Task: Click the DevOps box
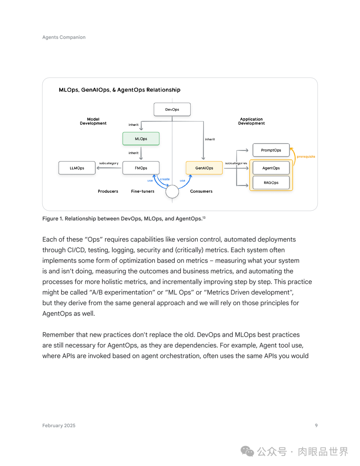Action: click(172, 109)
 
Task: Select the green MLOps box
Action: click(141, 139)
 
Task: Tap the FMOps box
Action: click(141, 168)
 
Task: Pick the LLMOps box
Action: click(77, 168)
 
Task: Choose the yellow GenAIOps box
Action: click(204, 168)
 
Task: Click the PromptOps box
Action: click(271, 150)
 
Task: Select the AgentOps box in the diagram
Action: click(271, 168)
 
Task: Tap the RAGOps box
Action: click(271, 183)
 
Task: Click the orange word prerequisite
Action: click(306, 157)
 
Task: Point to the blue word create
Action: click(165, 179)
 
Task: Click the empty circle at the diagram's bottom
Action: click(172, 192)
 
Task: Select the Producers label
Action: click(108, 191)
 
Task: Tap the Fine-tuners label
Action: click(143, 191)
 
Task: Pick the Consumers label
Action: click(201, 191)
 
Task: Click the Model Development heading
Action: click(93, 121)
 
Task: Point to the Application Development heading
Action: click(251, 121)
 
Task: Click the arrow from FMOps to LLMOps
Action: click(109, 168)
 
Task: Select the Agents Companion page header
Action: click(64, 37)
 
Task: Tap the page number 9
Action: click(316, 425)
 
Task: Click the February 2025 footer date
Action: click(59, 426)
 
